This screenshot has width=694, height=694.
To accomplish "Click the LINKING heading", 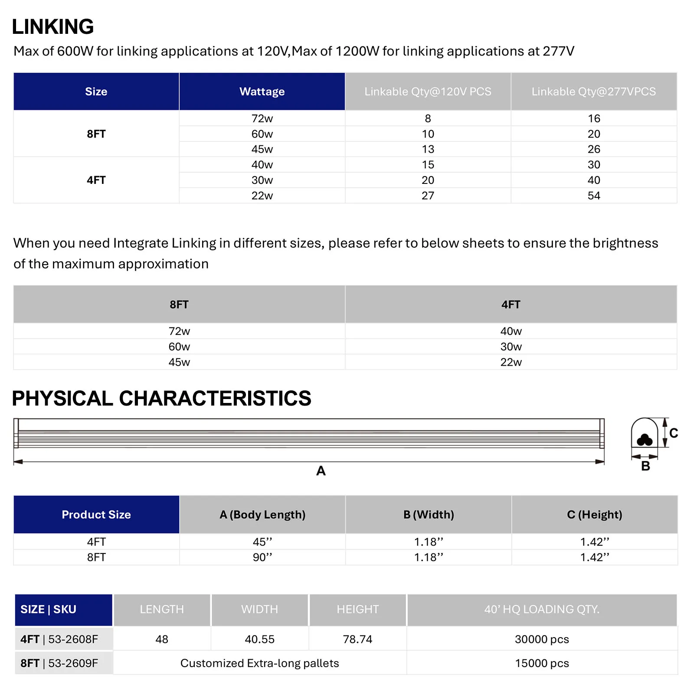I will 53,27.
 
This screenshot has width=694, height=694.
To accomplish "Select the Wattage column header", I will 262,92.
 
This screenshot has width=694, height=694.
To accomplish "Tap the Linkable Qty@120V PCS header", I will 428,92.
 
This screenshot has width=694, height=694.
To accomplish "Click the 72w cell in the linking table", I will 262,118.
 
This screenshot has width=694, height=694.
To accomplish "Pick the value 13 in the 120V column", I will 428,149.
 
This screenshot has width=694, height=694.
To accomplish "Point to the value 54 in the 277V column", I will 594,196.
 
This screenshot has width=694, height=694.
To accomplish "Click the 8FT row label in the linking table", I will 96,134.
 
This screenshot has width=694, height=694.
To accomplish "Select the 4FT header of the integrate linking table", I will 511,304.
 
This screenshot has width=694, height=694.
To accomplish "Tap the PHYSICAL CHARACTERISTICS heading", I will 161,398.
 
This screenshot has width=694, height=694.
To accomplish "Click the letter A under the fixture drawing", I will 321,471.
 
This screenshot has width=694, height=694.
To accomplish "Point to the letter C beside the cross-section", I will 673,433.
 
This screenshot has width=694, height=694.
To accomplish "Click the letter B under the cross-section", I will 645,466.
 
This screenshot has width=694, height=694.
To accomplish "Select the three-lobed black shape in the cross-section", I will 645,440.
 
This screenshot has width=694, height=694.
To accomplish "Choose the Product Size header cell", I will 96,514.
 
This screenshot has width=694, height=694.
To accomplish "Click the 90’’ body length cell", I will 262,557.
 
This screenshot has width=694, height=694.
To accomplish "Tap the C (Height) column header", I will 594,514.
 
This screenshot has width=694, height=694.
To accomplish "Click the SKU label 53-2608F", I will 73,639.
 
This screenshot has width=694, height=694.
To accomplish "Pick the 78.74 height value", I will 357,639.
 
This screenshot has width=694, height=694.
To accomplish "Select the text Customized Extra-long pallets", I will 259,663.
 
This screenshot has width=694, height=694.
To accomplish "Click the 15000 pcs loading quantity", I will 542,663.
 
